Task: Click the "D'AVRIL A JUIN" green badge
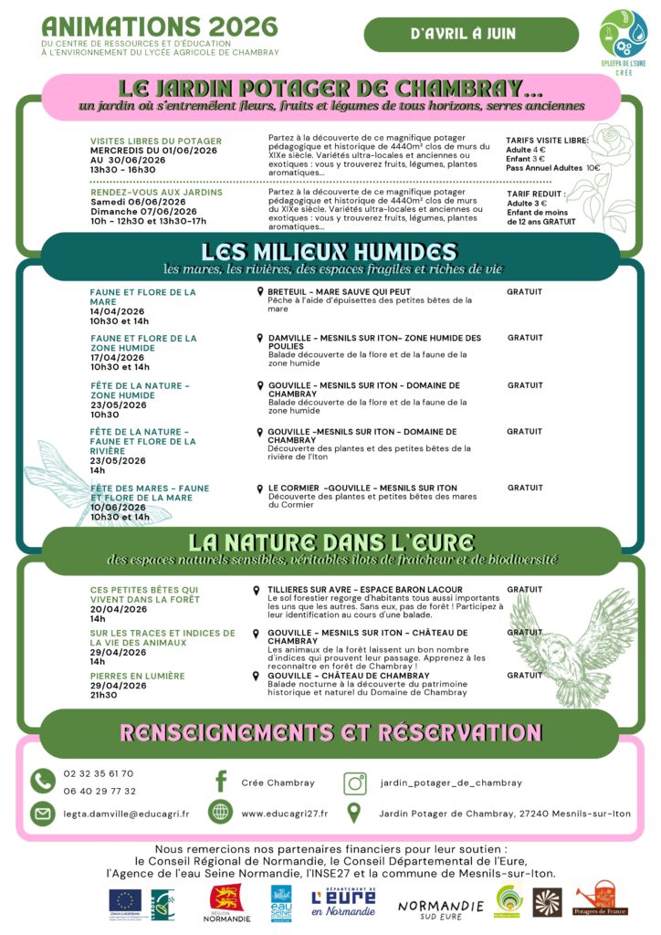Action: pyautogui.click(x=471, y=35)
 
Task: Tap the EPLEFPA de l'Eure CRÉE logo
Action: pyautogui.click(x=623, y=36)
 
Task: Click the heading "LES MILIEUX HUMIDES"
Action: pyautogui.click(x=329, y=252)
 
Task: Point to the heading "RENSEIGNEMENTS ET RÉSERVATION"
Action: pyautogui.click(x=330, y=732)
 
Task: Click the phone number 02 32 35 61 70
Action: pyautogui.click(x=99, y=773)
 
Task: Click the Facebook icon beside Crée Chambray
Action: pyautogui.click(x=220, y=783)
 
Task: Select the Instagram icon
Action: pyautogui.click(x=355, y=783)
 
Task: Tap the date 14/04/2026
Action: pyautogui.click(x=117, y=311)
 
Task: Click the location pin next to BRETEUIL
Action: pyautogui.click(x=260, y=291)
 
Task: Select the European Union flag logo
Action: pyautogui.click(x=125, y=902)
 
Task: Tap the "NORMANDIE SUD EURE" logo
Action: pyautogui.click(x=440, y=906)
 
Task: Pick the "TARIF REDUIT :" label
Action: pyautogui.click(x=536, y=194)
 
